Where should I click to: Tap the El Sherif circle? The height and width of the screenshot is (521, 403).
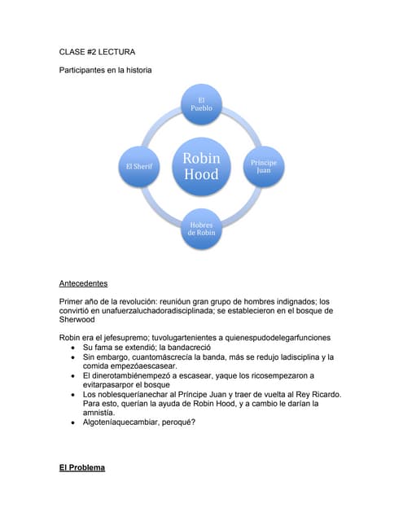point(140,165)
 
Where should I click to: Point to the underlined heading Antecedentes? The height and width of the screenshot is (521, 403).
point(83,284)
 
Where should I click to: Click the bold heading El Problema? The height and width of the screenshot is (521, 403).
point(82,468)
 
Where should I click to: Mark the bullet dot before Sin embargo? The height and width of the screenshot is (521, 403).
point(74,357)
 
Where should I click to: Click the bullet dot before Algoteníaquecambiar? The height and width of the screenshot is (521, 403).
point(74,422)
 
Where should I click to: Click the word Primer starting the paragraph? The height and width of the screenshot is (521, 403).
point(72,301)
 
